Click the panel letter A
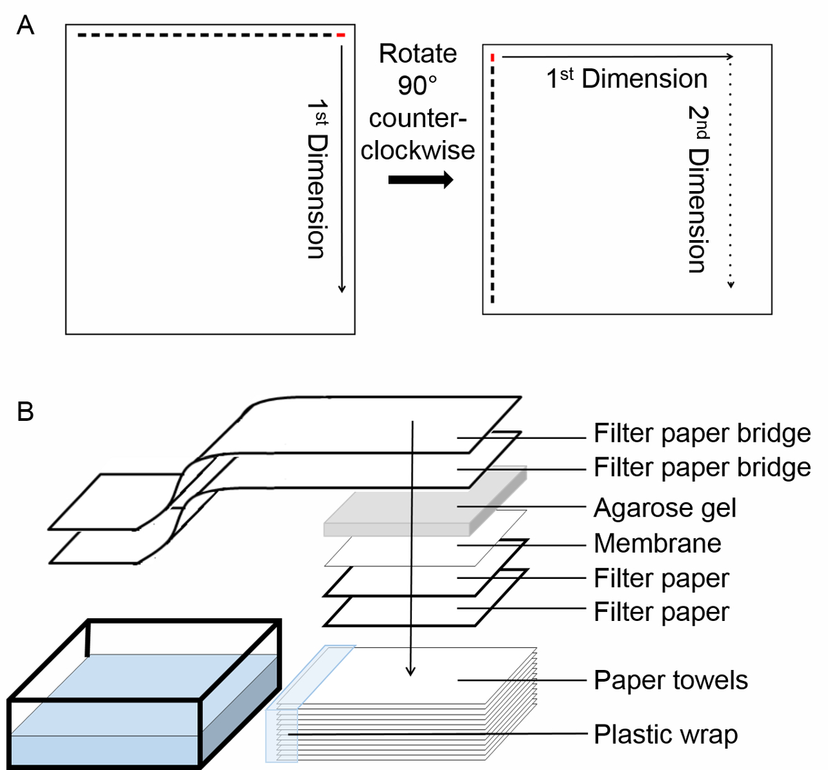[x=25, y=26]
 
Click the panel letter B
[x=25, y=412]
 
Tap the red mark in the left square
[x=341, y=34]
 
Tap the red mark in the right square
[x=493, y=57]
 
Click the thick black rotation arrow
[x=420, y=181]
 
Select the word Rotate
[x=417, y=54]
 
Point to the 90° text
[x=417, y=86]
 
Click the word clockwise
[x=417, y=150]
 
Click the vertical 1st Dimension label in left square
[x=316, y=178]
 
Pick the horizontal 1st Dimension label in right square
[x=627, y=79]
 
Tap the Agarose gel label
[x=665, y=508]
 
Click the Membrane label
[x=657, y=544]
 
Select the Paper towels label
[x=671, y=680]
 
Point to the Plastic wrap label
[x=666, y=734]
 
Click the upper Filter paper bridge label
[x=702, y=433]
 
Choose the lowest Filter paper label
[x=661, y=612]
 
